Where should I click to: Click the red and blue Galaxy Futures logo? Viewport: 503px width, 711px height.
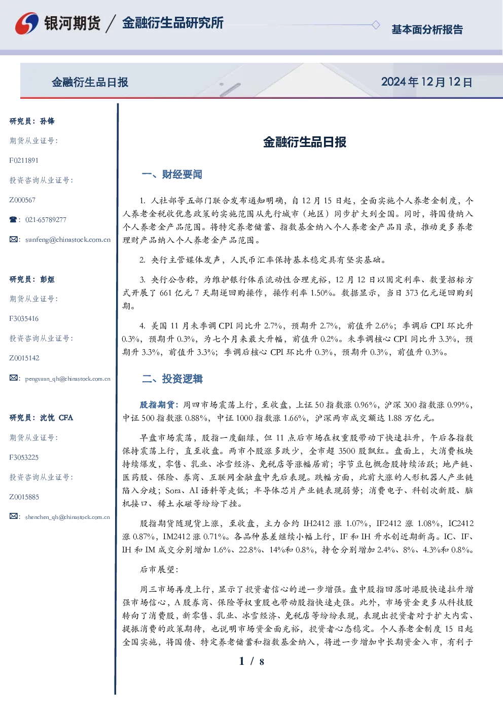[27, 23]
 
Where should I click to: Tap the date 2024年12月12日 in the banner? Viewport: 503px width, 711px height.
[426, 82]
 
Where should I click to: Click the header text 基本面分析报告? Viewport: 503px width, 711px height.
[427, 29]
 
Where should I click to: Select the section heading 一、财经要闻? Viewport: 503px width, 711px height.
[172, 174]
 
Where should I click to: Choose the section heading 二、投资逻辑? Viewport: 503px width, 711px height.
[172, 379]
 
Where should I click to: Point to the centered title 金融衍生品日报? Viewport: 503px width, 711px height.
[305, 142]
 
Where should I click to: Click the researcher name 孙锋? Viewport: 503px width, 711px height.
[47, 121]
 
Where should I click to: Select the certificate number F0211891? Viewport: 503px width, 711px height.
[24, 160]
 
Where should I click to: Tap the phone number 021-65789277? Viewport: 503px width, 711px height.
[46, 219]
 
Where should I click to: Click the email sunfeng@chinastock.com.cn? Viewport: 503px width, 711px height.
[68, 240]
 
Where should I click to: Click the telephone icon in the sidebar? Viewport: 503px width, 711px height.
[13, 219]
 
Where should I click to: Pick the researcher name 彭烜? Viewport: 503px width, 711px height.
[47, 279]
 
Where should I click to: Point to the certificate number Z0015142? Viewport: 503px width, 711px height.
[24, 358]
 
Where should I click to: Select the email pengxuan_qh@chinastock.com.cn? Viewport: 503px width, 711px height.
[68, 379]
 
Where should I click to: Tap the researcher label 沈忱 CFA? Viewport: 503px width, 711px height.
[56, 418]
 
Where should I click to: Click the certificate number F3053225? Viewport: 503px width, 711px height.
[24, 458]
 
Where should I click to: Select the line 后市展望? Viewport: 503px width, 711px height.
[159, 570]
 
